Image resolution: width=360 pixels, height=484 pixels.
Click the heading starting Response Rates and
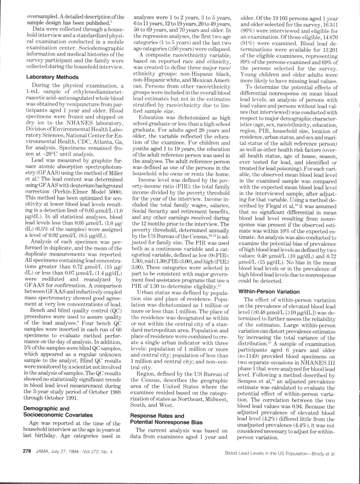point(157,415)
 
